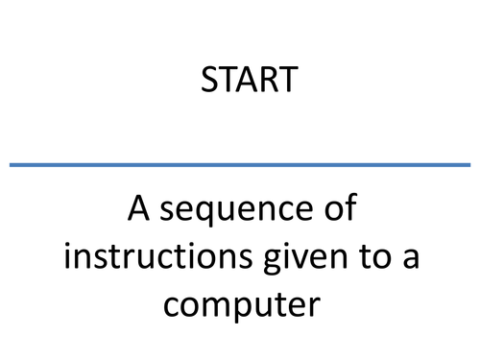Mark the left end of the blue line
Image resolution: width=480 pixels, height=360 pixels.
tap(12, 165)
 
